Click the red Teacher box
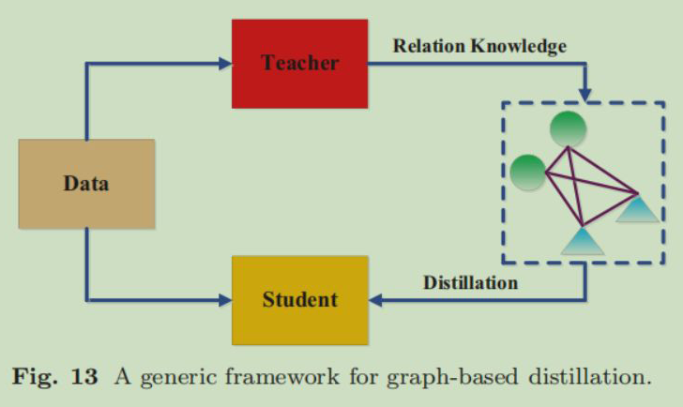point(299,63)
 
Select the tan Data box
point(85,183)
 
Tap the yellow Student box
point(299,300)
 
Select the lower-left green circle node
point(528,172)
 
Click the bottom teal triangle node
point(582,241)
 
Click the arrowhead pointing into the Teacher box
point(225,64)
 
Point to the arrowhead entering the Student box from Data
point(225,300)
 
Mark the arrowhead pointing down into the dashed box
point(586,95)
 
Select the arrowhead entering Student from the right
point(374,300)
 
